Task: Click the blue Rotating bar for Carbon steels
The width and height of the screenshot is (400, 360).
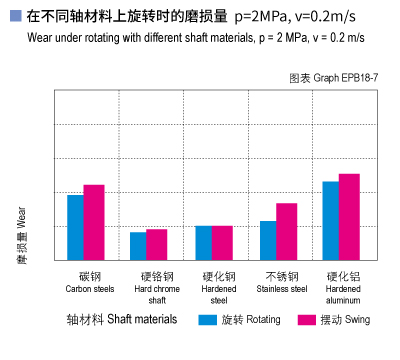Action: (75, 227)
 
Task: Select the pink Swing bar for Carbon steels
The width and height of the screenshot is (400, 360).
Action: (94, 222)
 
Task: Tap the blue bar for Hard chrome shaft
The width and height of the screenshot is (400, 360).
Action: (138, 245)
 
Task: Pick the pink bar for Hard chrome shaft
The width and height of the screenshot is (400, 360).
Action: (157, 244)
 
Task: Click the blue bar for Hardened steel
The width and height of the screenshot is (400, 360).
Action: (204, 242)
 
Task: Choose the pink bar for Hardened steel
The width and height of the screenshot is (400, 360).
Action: (222, 242)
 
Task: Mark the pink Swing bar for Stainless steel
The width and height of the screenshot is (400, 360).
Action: (287, 231)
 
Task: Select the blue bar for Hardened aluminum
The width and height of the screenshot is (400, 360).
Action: (331, 220)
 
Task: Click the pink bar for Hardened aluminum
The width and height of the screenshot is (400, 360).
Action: (350, 216)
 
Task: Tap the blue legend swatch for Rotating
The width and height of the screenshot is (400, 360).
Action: (207, 321)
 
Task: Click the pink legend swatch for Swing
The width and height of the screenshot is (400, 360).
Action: (308, 321)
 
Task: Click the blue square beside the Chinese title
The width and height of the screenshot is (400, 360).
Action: (14, 17)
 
